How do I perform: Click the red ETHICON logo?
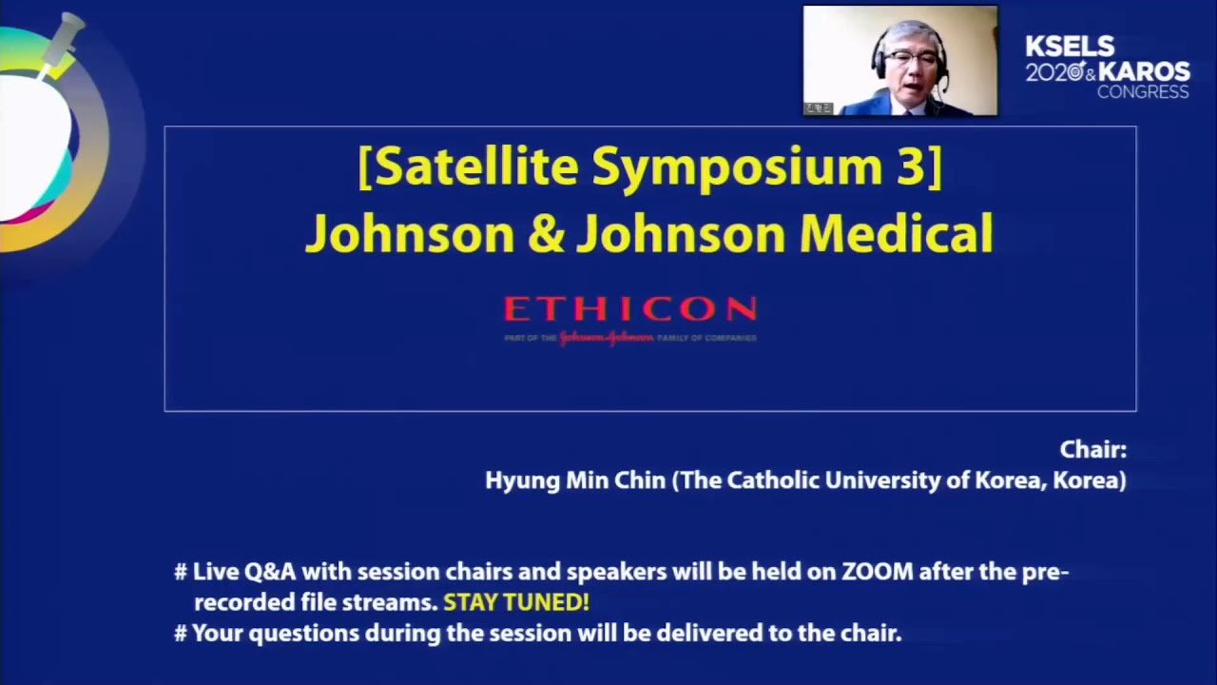point(629,309)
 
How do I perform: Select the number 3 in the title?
point(907,167)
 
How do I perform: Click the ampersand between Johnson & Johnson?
point(546,234)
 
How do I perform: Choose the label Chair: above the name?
point(1092,450)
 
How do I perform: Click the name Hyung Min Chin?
point(575,480)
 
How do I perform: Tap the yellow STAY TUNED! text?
point(516,602)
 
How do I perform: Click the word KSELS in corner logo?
point(1070,48)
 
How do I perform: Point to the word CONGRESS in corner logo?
point(1142,92)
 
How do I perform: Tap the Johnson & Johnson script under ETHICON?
point(605,338)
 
